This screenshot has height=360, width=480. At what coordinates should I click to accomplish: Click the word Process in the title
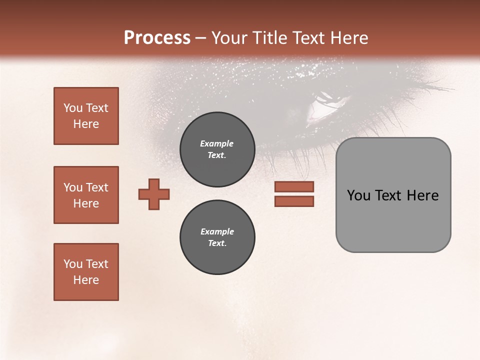tap(157, 38)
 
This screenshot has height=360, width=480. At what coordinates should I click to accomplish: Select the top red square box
tap(86, 116)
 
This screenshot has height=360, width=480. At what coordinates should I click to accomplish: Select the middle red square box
tap(86, 195)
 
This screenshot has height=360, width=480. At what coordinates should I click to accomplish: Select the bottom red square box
tap(86, 272)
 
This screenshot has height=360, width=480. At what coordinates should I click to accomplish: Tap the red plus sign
tap(154, 194)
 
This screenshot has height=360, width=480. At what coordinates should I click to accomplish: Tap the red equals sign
tap(294, 194)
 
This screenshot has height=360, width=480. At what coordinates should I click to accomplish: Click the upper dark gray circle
tap(217, 149)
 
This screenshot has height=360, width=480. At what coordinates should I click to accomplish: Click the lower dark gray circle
tap(217, 237)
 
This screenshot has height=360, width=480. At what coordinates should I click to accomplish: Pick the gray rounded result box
tap(393, 195)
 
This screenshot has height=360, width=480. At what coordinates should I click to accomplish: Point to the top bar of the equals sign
tap(294, 187)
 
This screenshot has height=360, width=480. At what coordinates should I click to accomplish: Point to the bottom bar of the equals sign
tap(294, 201)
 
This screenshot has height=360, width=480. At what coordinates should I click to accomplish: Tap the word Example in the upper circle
tap(217, 143)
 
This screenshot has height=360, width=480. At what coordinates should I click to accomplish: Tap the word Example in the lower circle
tap(217, 231)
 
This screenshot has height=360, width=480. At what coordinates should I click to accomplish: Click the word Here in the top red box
tap(86, 124)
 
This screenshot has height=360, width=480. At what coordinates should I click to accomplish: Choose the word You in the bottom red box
tap(73, 264)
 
